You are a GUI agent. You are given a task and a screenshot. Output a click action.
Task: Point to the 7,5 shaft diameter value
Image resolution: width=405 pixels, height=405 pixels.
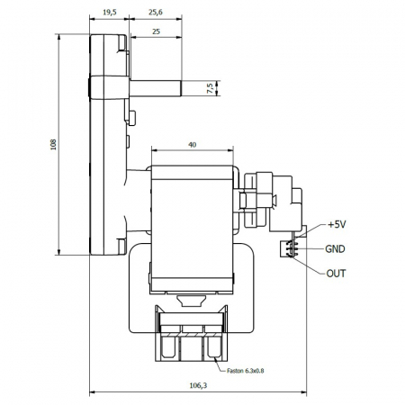tap(210, 88)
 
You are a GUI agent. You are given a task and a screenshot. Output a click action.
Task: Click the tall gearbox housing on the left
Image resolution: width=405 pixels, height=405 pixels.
tap(105, 144)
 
